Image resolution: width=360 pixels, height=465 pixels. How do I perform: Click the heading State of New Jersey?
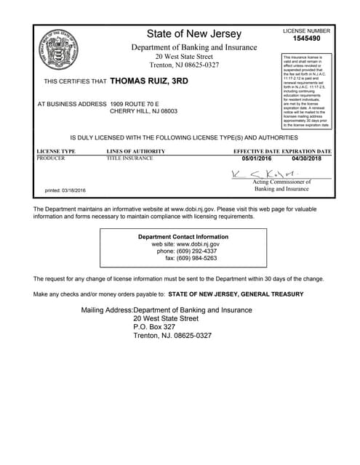pyautogui.click(x=193, y=34)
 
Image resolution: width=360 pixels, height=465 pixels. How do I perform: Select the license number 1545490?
pyautogui.click(x=306, y=39)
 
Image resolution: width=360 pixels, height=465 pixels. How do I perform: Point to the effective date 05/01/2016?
pyautogui.click(x=256, y=158)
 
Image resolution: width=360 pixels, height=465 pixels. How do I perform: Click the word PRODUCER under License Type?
pyautogui.click(x=51, y=158)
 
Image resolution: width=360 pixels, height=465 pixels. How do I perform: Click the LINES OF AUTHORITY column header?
pyautogui.click(x=136, y=151)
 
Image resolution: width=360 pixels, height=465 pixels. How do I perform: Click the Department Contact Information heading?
pyautogui.click(x=183, y=237)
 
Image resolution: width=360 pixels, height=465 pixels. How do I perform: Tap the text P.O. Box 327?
pyautogui.click(x=154, y=327)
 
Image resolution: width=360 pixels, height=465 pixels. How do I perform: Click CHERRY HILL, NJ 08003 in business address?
pyautogui.click(x=143, y=112)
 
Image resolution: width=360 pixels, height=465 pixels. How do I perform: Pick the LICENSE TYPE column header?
pyautogui.click(x=56, y=151)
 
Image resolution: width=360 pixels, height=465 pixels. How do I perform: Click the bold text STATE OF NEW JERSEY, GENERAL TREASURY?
pyautogui.click(x=236, y=294)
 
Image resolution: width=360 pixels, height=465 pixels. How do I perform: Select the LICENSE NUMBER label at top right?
pyautogui.click(x=306, y=31)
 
